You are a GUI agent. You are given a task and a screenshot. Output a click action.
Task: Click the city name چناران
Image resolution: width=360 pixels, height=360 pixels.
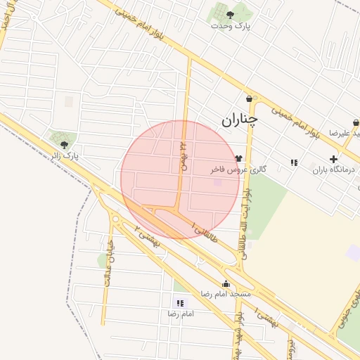[x=240, y=120]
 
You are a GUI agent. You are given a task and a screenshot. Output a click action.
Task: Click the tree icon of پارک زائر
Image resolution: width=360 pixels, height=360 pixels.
[x=65, y=144]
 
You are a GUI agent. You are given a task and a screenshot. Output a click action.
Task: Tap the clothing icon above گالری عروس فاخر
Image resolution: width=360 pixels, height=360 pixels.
[x=239, y=160]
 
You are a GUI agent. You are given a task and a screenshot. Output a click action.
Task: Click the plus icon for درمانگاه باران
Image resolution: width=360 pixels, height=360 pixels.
[x=333, y=160]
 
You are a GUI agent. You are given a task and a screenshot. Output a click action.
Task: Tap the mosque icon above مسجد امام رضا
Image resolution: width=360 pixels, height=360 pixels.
[x=225, y=283]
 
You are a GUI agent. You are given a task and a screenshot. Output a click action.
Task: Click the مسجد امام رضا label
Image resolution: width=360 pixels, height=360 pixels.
[x=226, y=293]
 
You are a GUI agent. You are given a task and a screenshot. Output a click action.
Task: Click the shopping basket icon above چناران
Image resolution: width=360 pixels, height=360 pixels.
[x=250, y=98]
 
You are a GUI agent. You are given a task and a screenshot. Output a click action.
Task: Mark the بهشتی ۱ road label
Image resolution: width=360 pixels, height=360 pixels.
[x=266, y=313]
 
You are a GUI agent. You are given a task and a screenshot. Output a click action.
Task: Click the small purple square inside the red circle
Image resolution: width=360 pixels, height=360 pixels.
[x=217, y=183]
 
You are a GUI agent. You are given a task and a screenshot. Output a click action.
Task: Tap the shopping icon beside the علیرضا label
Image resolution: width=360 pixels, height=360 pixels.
[x=356, y=123]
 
